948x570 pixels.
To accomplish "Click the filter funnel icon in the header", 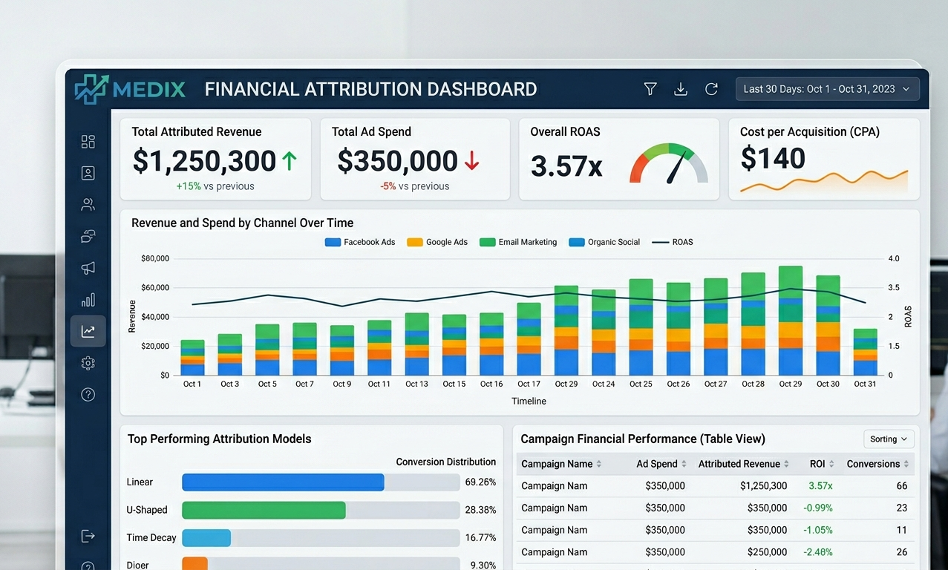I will click(x=650, y=89).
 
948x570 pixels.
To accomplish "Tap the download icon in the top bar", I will click(x=680, y=89).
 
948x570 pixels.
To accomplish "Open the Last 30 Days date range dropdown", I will click(x=827, y=89).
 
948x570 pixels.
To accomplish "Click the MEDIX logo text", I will click(x=149, y=89).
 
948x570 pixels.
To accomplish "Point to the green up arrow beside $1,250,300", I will click(x=289, y=161).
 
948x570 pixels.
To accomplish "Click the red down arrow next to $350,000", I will click(x=471, y=161).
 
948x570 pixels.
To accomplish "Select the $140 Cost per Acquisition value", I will click(x=773, y=159).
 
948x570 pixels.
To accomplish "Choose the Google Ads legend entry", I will click(x=438, y=242).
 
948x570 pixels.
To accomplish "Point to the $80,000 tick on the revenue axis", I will click(x=154, y=259).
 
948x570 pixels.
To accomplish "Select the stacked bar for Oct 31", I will click(x=865, y=352).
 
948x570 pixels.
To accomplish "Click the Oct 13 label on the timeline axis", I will click(x=416, y=384).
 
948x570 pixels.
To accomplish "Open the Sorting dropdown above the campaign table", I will click(x=889, y=439).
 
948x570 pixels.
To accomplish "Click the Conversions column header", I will click(x=873, y=464).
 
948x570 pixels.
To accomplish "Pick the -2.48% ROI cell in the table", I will click(x=817, y=552).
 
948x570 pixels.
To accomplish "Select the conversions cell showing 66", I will click(x=902, y=486).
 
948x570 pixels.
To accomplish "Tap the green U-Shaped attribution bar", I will click(x=264, y=510).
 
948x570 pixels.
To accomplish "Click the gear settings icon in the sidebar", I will click(x=88, y=363).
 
